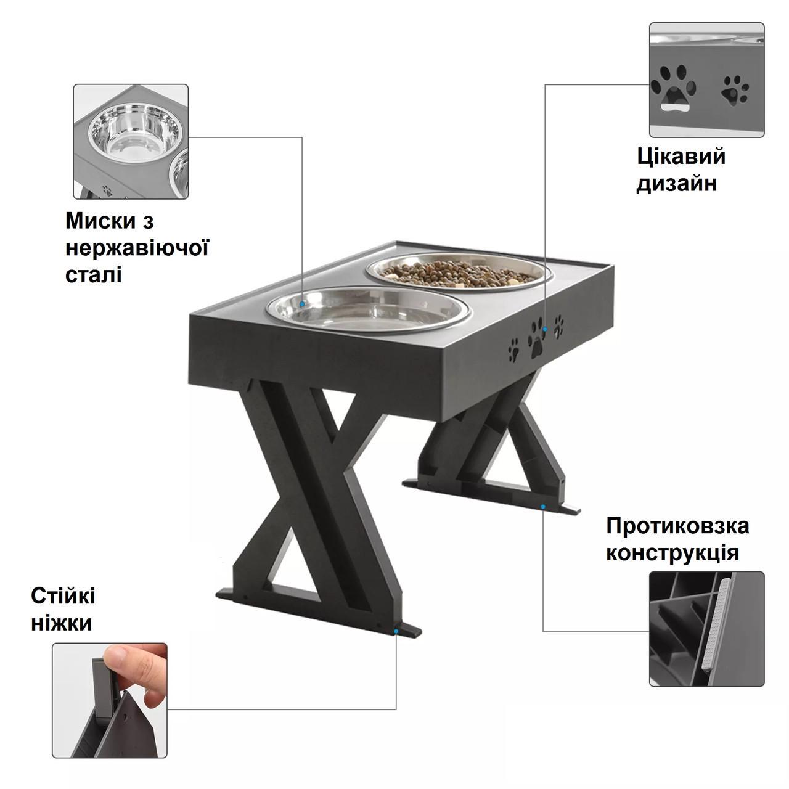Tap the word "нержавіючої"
point(137,248)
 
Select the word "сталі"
point(93,274)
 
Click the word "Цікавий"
point(681,157)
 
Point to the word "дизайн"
point(677,184)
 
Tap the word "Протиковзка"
point(677,526)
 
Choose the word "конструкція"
point(672,552)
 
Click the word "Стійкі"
point(63,596)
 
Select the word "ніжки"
point(61,623)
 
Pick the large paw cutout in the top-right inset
point(673,87)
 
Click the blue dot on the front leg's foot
point(396,631)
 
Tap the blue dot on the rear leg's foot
point(543,506)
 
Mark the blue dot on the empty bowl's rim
point(302,304)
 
